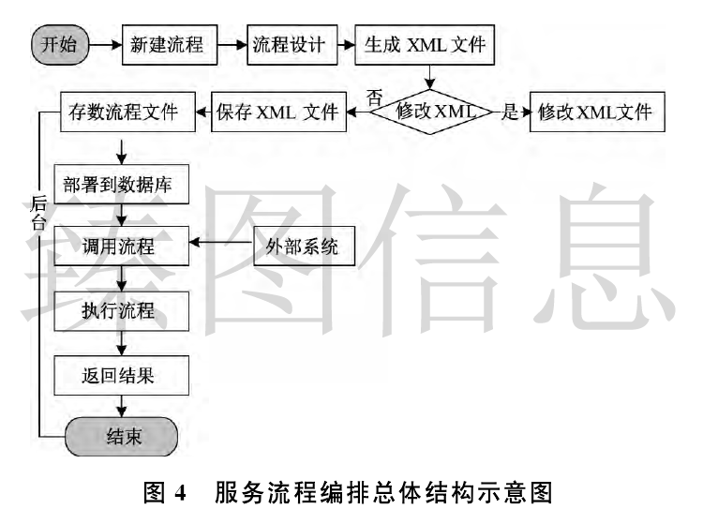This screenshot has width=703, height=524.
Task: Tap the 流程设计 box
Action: pyautogui.click(x=289, y=45)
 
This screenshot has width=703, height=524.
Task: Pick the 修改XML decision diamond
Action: pyautogui.click(x=431, y=112)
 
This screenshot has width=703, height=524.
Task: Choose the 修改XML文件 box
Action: pyautogui.click(x=594, y=112)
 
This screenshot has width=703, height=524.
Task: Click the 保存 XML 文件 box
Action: pyautogui.click(x=277, y=112)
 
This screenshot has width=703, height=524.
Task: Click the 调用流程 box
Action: pyautogui.click(x=124, y=247)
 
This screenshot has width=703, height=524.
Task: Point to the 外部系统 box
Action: pyautogui.click(x=296, y=247)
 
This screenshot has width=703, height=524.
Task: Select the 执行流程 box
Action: pyautogui.click(x=124, y=310)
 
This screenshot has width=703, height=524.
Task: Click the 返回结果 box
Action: pyautogui.click(x=124, y=376)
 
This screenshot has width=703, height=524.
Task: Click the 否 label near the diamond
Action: pyautogui.click(x=374, y=95)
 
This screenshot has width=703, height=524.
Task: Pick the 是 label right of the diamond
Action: pyautogui.click(x=510, y=112)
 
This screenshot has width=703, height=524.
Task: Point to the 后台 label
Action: pyautogui.click(x=38, y=213)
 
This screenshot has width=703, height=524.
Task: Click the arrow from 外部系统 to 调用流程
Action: pyautogui.click(x=223, y=243)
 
